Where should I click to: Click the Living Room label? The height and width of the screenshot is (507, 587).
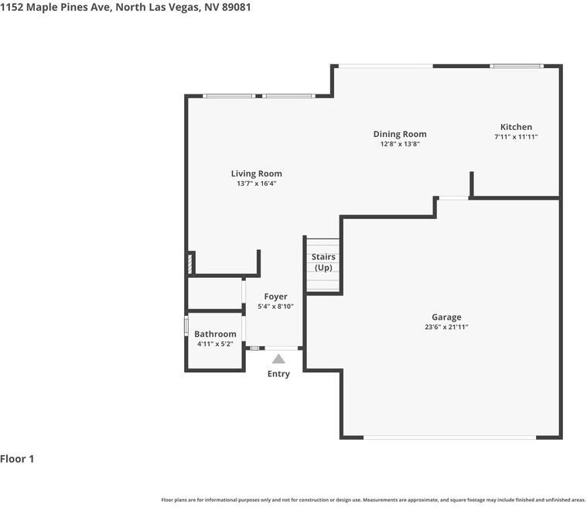tap(256, 173)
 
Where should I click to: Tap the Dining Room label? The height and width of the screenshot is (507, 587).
tap(400, 134)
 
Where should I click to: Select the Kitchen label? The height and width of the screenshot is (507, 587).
tap(516, 127)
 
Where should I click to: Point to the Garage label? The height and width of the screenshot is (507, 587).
tap(446, 317)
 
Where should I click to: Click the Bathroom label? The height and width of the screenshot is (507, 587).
tap(215, 334)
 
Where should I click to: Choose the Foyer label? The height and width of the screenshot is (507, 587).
tap(275, 296)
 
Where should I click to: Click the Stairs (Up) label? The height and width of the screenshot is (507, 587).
tap(323, 262)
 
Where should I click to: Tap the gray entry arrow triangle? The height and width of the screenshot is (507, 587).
tap(278, 358)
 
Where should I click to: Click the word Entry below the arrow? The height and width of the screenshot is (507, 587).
tap(278, 374)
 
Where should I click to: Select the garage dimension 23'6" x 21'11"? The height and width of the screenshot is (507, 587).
tap(446, 327)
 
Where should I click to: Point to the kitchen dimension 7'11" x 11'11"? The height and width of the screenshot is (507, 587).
tap(516, 137)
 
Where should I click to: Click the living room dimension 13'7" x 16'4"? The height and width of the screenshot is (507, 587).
tap(256, 183)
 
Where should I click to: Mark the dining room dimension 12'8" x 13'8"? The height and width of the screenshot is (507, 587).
tap(400, 144)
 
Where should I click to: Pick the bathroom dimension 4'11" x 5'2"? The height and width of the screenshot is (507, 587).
tap(215, 344)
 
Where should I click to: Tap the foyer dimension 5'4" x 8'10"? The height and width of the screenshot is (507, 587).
tap(275, 307)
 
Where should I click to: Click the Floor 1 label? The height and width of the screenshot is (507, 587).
tap(17, 459)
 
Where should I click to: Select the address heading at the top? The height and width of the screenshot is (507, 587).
tap(125, 7)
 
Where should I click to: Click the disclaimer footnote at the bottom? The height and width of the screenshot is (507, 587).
tap(373, 500)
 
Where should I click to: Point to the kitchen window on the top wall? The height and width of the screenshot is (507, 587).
tap(517, 66)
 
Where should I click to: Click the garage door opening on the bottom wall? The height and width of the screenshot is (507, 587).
tap(449, 438)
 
